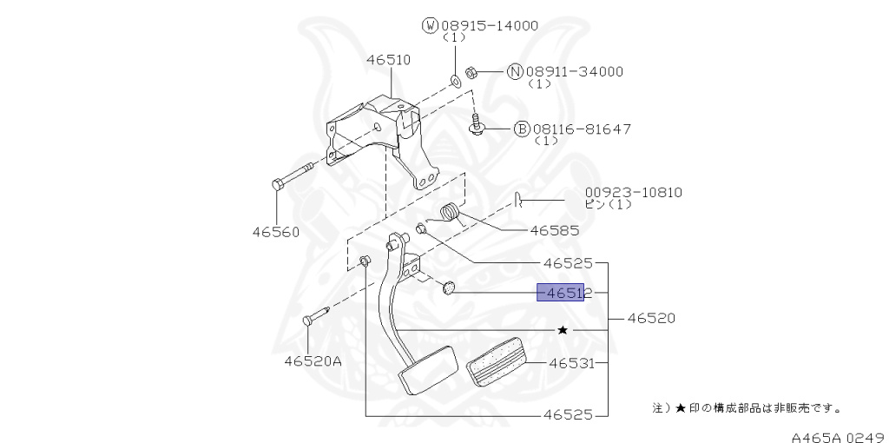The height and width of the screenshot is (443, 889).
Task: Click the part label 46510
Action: pyautogui.click(x=388, y=60)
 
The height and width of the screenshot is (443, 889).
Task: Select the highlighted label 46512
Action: pyautogui.click(x=564, y=294)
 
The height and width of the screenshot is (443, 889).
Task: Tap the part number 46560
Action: pyautogui.click(x=276, y=232)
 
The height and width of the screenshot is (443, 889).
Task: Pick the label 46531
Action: pyautogui.click(x=570, y=363)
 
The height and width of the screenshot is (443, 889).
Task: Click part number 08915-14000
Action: pyautogui.click(x=491, y=25)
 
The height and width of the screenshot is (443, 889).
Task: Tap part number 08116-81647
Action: pyautogui.click(x=582, y=129)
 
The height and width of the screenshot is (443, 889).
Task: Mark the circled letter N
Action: pyautogui.click(x=514, y=72)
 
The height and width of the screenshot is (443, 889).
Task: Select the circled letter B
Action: pyautogui.click(x=522, y=129)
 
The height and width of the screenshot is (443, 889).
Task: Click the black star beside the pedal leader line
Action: pyautogui.click(x=563, y=330)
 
